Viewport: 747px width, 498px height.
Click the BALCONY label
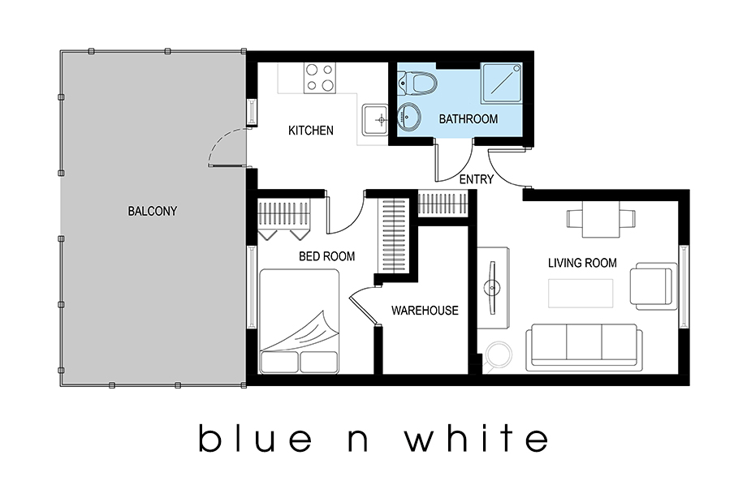(x=153, y=211)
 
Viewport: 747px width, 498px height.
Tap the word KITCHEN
(x=311, y=131)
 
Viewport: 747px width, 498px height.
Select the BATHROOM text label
(x=468, y=119)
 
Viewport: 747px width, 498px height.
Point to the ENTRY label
(x=476, y=179)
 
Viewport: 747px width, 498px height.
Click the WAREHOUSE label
(x=425, y=311)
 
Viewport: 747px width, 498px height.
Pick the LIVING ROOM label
(x=582, y=263)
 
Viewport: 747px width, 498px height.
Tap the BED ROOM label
(x=326, y=256)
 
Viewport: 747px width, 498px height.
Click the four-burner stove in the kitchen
(x=320, y=78)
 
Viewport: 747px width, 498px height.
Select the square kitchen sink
(x=375, y=119)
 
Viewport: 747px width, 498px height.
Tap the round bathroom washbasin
(x=408, y=117)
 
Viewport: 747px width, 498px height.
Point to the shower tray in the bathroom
(x=502, y=83)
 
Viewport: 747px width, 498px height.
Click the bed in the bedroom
(x=299, y=321)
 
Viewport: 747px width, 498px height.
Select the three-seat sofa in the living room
(x=584, y=348)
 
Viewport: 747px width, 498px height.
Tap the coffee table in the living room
(x=581, y=294)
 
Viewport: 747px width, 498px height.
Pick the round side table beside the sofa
(x=499, y=354)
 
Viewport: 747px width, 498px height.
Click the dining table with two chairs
(x=601, y=219)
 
